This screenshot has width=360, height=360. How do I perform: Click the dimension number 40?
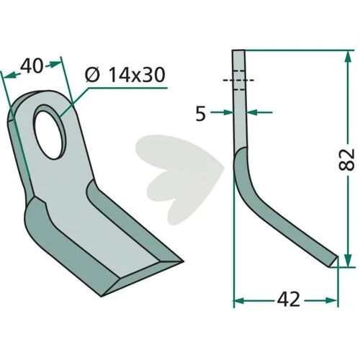(x=32, y=66)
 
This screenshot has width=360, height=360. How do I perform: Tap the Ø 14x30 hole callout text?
(x=125, y=75)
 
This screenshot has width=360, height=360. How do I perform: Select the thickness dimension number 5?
(x=201, y=114)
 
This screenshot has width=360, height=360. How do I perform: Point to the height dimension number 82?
(x=346, y=160)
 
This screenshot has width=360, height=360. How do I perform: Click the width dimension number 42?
(x=289, y=300)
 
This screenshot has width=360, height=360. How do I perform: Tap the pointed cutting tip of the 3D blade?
(x=182, y=261)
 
